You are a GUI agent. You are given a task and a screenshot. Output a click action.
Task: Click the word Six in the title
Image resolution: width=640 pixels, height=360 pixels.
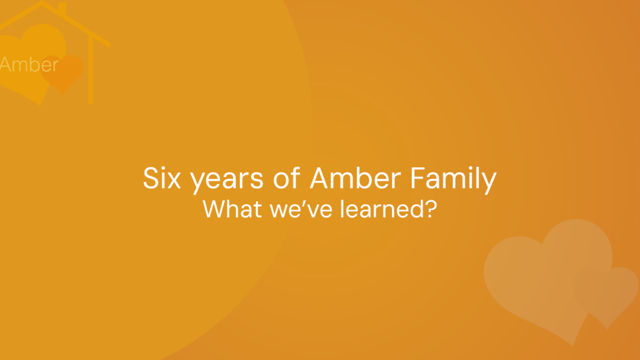pyautogui.click(x=162, y=178)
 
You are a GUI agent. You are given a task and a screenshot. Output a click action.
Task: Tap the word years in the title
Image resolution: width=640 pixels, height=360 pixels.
pyautogui.click(x=227, y=181)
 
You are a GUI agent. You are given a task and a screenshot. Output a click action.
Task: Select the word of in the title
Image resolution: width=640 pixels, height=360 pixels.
pyautogui.click(x=286, y=178)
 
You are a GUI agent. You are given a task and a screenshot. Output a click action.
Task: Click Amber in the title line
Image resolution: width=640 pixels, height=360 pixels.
pyautogui.click(x=355, y=178)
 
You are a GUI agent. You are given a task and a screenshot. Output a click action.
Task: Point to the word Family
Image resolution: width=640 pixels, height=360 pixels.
pyautogui.click(x=454, y=180)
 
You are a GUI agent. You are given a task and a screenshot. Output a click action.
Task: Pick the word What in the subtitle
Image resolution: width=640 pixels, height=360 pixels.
pyautogui.click(x=233, y=209)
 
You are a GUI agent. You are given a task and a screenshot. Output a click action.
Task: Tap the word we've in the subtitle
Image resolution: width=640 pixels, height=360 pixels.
pyautogui.click(x=301, y=209)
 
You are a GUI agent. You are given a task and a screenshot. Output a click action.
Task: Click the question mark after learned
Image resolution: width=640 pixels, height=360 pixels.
pyautogui.click(x=431, y=209)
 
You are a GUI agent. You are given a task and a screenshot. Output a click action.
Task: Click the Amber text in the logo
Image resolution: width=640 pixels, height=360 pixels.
pyautogui.click(x=29, y=65)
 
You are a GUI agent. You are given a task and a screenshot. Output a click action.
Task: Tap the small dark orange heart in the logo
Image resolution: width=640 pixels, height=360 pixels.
pyautogui.click(x=62, y=74)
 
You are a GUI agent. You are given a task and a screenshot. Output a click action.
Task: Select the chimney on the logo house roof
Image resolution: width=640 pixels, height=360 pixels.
pyautogui.click(x=62, y=9)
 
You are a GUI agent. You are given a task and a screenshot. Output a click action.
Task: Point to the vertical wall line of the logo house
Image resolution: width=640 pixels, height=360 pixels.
pyautogui.click(x=91, y=69)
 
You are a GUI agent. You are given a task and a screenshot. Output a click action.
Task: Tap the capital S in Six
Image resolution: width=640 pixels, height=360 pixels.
pyautogui.click(x=150, y=178)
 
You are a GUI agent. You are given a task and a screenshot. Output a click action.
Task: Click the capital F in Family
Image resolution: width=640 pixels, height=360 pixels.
pyautogui.click(x=418, y=178)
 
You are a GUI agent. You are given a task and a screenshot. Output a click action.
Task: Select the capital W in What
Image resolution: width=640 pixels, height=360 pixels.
pyautogui.click(x=215, y=209)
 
